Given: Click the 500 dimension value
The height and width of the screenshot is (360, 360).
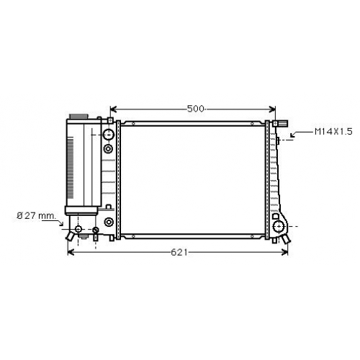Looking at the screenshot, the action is pyautogui.click(x=195, y=109).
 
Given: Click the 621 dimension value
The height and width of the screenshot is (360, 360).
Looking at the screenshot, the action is pyautogui.click(x=179, y=252).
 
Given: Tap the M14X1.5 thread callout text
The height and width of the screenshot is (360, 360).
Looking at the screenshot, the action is pyautogui.click(x=333, y=132).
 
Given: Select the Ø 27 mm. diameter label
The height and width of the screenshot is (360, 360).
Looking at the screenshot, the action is pyautogui.click(x=36, y=216).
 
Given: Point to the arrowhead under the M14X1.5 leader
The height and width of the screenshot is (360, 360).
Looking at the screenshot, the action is pyautogui.click(x=292, y=135).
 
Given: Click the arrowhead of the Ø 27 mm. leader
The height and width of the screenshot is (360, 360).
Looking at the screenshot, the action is pyautogui.click(x=61, y=224).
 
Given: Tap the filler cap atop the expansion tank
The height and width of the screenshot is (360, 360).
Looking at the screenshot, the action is pyautogui.click(x=78, y=117).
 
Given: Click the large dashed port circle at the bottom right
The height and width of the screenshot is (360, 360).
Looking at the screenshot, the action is pyautogui.click(x=279, y=226).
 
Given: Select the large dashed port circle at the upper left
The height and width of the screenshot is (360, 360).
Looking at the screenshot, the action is pyautogui.click(x=109, y=135).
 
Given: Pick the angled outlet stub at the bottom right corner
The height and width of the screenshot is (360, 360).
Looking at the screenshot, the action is pyautogui.click(x=287, y=238).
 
